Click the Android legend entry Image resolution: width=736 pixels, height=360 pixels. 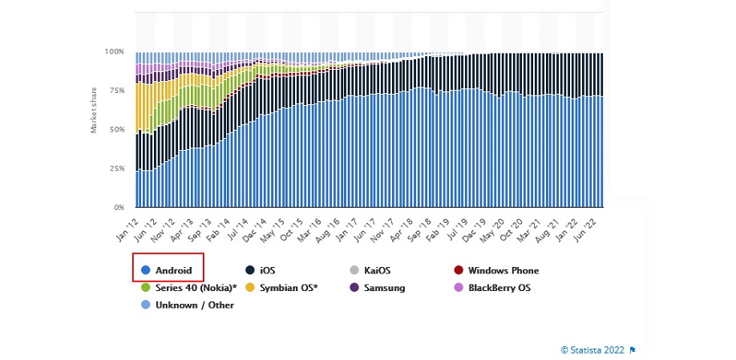[x=169, y=271]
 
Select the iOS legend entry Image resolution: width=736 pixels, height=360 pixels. [x=272, y=271]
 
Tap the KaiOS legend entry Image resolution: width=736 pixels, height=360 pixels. [x=375, y=271]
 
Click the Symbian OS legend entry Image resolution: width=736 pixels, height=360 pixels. [x=286, y=288]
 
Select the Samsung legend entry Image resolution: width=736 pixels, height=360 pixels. [x=382, y=288]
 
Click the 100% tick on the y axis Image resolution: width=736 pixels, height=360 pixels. [x=114, y=51]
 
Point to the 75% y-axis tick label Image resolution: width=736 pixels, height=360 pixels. [x=115, y=91]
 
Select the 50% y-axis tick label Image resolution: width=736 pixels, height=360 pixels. [x=115, y=129]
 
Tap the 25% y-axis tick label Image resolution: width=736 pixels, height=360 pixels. [x=115, y=168]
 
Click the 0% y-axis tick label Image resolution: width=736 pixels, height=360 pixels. [x=118, y=208]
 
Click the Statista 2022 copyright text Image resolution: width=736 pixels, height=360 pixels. [x=592, y=350]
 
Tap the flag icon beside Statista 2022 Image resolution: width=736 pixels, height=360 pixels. [x=633, y=350]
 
